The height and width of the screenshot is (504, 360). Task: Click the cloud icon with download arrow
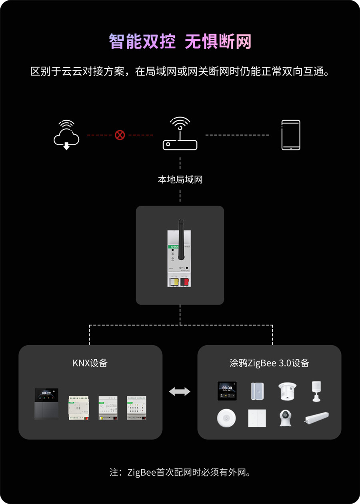click(66, 135)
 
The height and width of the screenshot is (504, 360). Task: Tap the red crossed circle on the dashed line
click(120, 135)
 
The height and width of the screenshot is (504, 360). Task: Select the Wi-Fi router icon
click(180, 134)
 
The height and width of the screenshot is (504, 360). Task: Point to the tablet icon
click(291, 135)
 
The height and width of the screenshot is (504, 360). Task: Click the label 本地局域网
click(180, 180)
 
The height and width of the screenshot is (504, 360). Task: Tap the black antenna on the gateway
click(181, 231)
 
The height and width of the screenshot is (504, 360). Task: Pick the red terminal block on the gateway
click(184, 282)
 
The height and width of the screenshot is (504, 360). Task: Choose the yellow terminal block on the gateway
click(175, 282)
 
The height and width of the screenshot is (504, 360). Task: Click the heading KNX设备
click(90, 363)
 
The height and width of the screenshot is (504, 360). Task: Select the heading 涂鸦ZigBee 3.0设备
click(269, 363)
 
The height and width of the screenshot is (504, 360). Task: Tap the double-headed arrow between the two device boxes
click(180, 392)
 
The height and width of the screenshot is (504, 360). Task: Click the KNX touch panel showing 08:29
click(46, 404)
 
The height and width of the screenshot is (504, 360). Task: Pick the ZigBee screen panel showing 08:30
click(227, 391)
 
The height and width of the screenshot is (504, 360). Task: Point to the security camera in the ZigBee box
click(285, 418)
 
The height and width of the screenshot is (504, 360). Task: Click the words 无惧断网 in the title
click(218, 42)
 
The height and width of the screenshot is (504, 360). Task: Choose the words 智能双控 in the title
click(142, 42)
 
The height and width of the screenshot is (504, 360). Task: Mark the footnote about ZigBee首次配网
click(180, 472)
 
